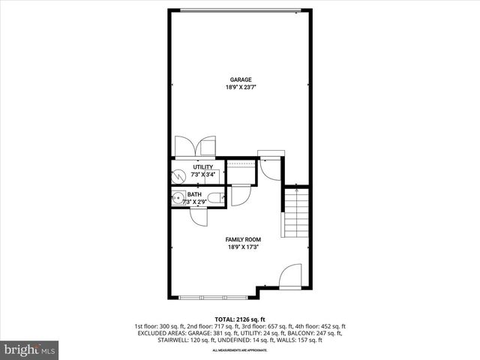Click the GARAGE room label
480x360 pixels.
pos(240,79)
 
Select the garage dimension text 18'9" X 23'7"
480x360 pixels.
pos(240,88)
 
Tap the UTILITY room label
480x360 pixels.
pos(203,167)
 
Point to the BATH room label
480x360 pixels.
pos(194,194)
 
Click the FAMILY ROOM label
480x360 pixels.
pos(240,239)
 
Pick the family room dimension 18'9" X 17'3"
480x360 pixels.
pos(240,247)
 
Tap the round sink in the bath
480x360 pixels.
pos(178,199)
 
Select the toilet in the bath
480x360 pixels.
pos(214,198)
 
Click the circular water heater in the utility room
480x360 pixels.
pos(178,175)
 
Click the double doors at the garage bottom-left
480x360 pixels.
pos(194,146)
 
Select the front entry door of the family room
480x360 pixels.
pos(290,276)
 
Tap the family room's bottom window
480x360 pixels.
pos(213,298)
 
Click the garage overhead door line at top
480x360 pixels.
pos(240,10)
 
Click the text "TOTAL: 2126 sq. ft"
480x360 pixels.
pos(240,319)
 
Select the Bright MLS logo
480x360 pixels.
pos(30,349)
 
